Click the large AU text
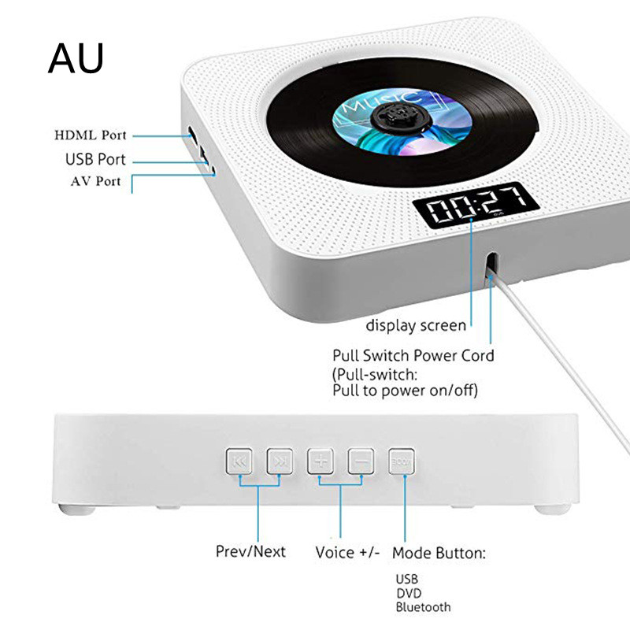76,58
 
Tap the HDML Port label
91,135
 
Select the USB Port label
95,160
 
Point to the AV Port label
95,181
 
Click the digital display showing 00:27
476,206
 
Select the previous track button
239,461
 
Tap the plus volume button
321,461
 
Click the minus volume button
361,461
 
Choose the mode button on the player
402,461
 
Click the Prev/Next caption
250,552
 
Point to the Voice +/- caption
347,553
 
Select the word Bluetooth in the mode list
423,607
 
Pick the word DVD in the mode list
409,594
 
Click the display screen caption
416,325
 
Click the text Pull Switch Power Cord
413,356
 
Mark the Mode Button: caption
439,554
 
